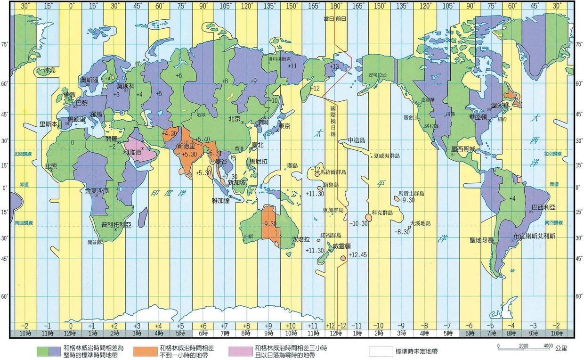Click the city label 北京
click(x=234, y=118)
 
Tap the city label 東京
click(x=284, y=126)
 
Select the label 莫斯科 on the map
click(x=126, y=86)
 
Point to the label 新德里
click(x=186, y=147)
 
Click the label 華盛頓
click(x=478, y=116)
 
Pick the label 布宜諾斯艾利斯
click(x=534, y=235)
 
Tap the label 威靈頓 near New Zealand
click(x=342, y=246)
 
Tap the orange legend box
click(x=145, y=351)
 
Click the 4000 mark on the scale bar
click(x=547, y=346)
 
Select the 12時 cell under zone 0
click(x=72, y=333)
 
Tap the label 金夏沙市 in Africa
click(x=97, y=191)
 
